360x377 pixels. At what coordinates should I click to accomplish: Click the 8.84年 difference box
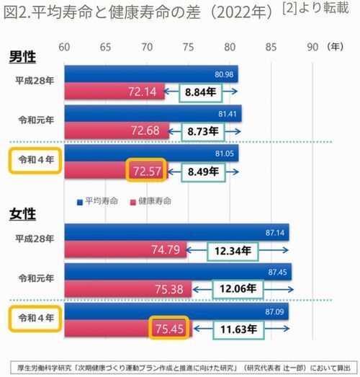coord(201,92)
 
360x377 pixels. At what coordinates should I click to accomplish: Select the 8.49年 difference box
coord(204,172)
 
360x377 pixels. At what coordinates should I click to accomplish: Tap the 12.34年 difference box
coord(233,252)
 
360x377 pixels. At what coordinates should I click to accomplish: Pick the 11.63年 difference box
coord(239,329)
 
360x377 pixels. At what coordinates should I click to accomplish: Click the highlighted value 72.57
coord(146,170)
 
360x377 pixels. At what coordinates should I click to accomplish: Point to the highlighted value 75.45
coord(168,328)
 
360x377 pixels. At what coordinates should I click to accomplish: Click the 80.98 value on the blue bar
coord(224,74)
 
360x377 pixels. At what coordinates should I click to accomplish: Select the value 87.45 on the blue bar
coord(277,272)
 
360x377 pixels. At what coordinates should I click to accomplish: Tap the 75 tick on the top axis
coord(189,47)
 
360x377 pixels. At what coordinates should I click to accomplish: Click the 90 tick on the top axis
coord(312,47)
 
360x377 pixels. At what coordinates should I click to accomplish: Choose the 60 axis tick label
coord(64,47)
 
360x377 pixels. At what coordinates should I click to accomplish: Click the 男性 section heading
coord(22,57)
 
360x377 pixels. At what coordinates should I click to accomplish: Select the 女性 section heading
coord(22,214)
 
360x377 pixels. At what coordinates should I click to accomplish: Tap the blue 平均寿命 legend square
coord(80,203)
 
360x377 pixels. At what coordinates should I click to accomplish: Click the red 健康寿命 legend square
coord(133,203)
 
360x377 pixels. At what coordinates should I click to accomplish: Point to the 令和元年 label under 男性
coord(36,120)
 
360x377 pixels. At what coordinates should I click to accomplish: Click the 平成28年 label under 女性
coord(35,239)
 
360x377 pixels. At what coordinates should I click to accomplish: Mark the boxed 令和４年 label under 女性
coord(35,319)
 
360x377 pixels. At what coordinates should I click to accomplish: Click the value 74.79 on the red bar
coord(166,250)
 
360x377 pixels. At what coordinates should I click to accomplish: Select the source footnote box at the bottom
coord(184,368)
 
